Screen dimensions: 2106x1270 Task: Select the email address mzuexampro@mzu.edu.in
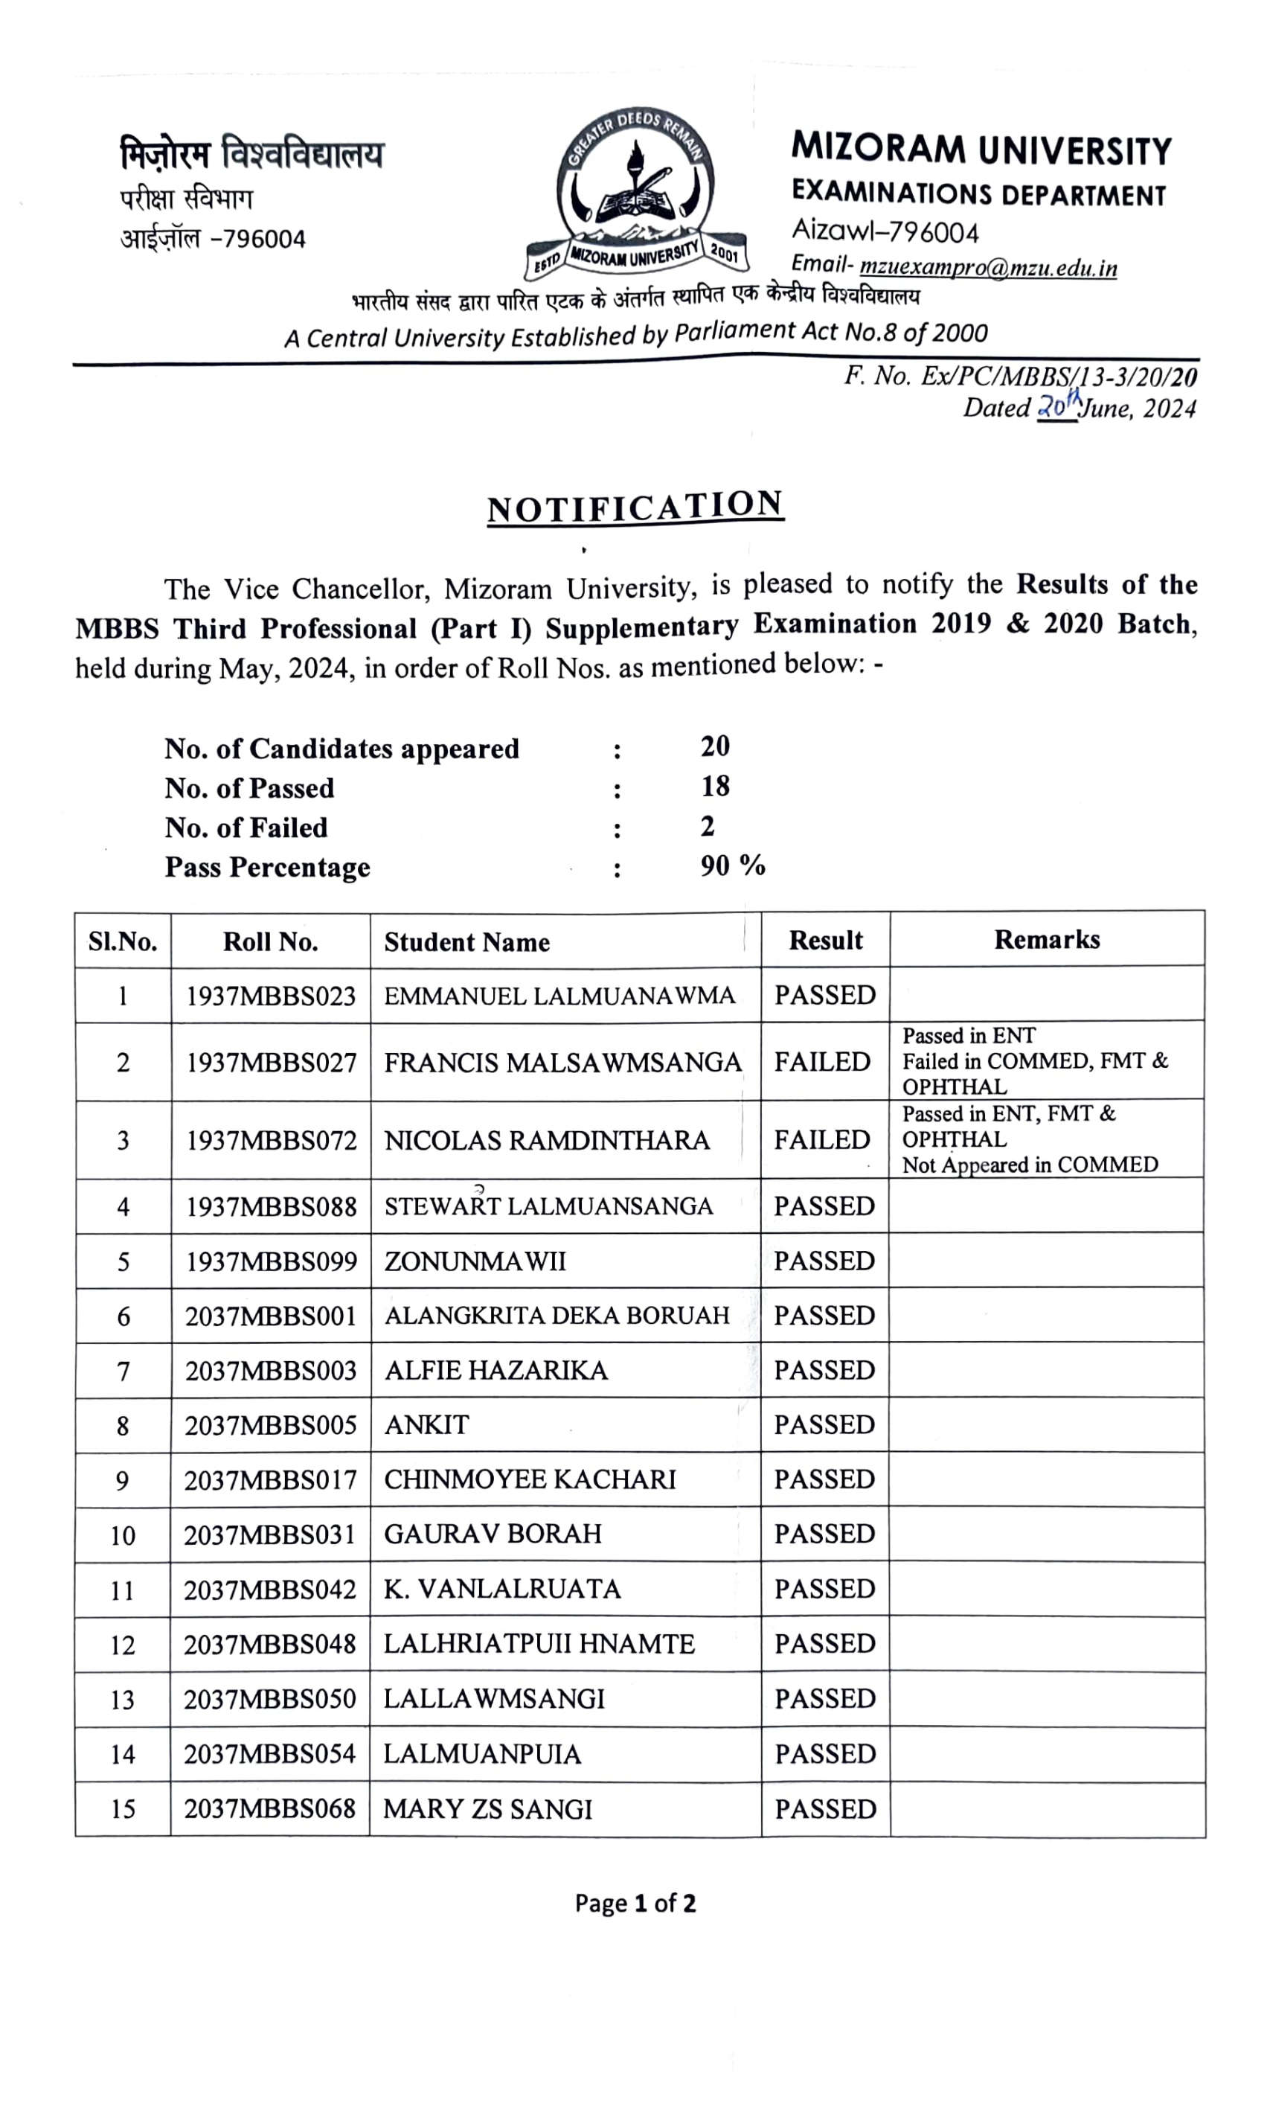[x=987, y=267]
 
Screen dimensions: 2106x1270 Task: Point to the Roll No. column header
[x=270, y=942]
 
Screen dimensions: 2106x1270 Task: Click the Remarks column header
[x=1046, y=939]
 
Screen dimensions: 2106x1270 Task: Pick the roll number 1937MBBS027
[x=270, y=1063]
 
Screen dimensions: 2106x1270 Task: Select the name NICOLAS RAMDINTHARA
[x=547, y=1140]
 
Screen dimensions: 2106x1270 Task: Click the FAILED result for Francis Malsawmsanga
[x=821, y=1061]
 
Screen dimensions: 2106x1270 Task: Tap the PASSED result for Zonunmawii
[x=824, y=1261]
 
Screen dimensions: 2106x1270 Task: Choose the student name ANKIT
[x=426, y=1425]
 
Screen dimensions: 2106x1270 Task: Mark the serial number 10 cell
[x=122, y=1536]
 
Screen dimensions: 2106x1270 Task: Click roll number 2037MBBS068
[x=269, y=1809]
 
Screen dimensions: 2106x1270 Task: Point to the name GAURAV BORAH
[x=493, y=1534]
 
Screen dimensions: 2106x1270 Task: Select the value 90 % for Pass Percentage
[x=732, y=865]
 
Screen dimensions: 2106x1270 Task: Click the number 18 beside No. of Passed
[x=714, y=787]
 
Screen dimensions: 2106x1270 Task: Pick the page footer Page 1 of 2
[x=635, y=1904]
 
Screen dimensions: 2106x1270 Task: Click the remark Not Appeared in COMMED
[x=1030, y=1165]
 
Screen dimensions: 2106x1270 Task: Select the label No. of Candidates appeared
[x=341, y=749]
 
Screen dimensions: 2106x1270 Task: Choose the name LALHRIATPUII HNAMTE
[x=539, y=1644]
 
